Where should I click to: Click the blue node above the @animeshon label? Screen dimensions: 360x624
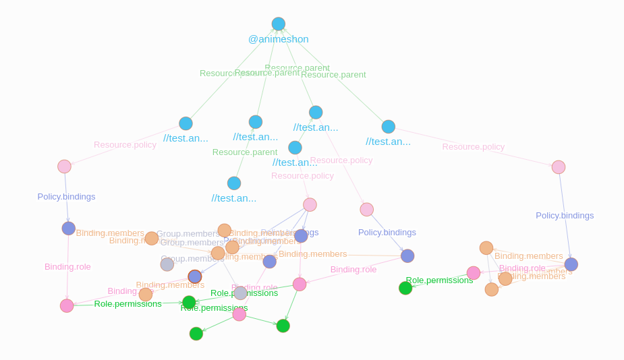(x=278, y=24)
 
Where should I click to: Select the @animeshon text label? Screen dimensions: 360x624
(x=278, y=39)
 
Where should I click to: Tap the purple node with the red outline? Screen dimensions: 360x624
(x=195, y=276)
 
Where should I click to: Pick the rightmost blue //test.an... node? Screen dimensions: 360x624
(x=388, y=127)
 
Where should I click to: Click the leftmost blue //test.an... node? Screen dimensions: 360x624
(x=186, y=123)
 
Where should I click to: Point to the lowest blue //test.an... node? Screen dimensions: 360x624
(x=234, y=183)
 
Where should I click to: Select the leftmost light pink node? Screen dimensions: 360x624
(x=64, y=167)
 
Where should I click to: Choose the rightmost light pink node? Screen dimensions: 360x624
(x=559, y=167)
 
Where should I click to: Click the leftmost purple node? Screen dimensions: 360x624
(x=68, y=229)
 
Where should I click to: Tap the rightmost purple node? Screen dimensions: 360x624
(x=571, y=264)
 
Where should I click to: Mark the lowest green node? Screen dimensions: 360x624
(x=196, y=334)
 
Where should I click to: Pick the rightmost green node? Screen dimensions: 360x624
(x=405, y=288)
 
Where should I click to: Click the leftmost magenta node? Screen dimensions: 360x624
(x=67, y=306)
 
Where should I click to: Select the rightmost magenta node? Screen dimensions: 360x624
(x=474, y=273)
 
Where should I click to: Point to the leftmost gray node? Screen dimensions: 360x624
(x=167, y=264)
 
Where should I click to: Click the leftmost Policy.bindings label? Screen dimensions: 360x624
(x=66, y=197)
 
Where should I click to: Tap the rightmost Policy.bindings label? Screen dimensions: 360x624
(x=565, y=216)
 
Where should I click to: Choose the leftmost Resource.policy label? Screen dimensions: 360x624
(x=125, y=145)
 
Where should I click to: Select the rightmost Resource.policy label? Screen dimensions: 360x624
(x=473, y=147)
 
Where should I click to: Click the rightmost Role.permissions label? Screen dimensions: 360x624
(x=439, y=280)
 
